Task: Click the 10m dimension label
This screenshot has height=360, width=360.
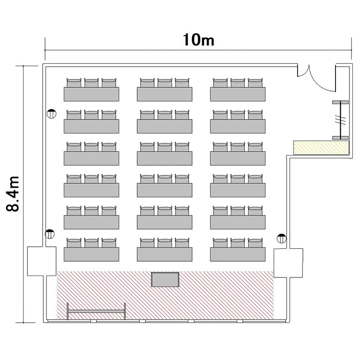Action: (x=198, y=40)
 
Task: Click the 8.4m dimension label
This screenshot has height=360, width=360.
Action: (x=12, y=193)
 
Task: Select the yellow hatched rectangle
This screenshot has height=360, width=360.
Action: (x=321, y=148)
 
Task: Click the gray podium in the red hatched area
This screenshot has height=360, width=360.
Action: (x=165, y=279)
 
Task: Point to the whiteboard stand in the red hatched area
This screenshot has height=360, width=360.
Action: (x=96, y=312)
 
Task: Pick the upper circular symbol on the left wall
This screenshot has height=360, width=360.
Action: (x=51, y=114)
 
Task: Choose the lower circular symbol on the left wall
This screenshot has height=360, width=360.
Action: (x=49, y=234)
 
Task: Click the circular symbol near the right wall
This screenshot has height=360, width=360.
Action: (x=281, y=239)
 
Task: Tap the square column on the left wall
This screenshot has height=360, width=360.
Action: (x=42, y=261)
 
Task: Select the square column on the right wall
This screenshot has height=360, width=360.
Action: (x=288, y=263)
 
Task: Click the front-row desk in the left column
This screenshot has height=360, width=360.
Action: (x=91, y=254)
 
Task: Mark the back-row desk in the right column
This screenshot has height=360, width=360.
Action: (x=238, y=94)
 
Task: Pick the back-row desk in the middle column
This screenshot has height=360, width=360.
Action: (x=165, y=94)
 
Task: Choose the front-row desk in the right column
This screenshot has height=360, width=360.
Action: (x=238, y=254)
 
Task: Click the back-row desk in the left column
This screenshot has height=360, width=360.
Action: (x=91, y=94)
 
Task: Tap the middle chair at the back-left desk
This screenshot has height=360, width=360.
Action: (x=91, y=83)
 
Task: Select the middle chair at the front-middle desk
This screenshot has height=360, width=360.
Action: (x=165, y=243)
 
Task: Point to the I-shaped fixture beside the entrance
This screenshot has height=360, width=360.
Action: (x=340, y=120)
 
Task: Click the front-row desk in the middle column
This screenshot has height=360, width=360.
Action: (x=165, y=254)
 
